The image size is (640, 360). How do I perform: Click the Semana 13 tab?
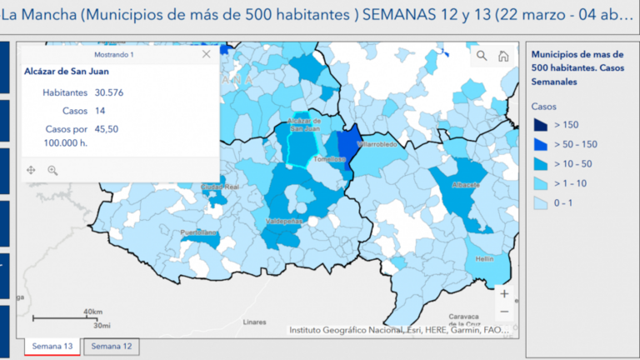(52, 346)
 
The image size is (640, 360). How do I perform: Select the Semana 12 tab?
(111, 346)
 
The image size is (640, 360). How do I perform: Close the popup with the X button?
(207, 54)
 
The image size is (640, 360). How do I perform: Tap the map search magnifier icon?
(482, 56)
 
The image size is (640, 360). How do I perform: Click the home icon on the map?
(503, 56)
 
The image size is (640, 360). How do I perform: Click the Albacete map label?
(466, 185)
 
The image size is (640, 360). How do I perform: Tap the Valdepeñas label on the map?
(283, 222)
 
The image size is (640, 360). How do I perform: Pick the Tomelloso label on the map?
(329, 158)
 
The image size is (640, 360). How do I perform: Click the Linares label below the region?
(254, 321)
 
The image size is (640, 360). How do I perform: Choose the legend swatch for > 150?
(542, 125)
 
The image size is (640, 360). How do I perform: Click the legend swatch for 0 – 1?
(542, 203)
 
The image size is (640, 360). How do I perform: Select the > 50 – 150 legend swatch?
(542, 144)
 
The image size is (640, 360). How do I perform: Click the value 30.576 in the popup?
(109, 92)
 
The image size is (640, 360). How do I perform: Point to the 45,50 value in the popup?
(107, 129)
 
